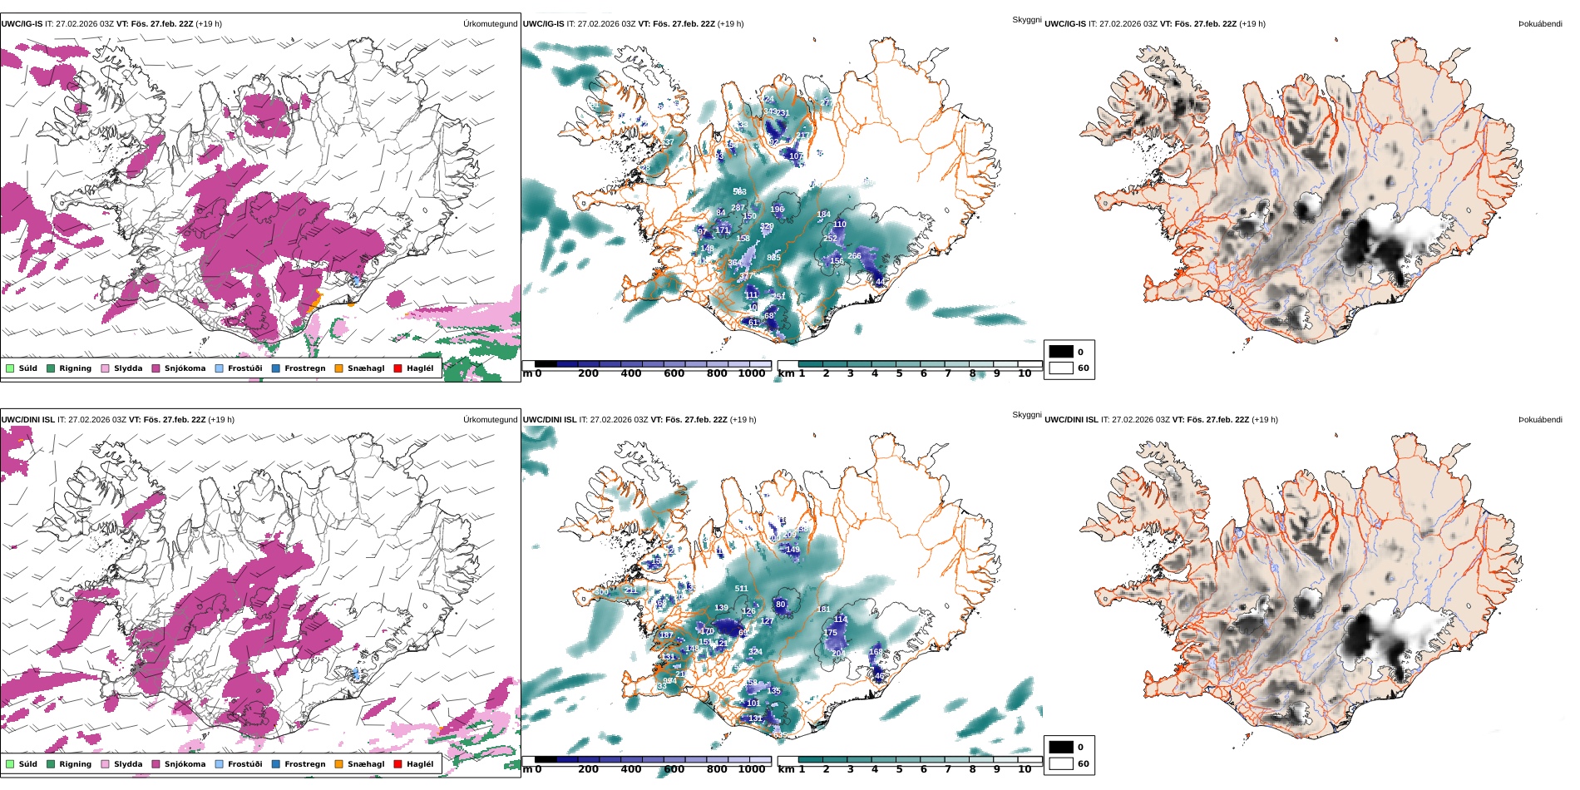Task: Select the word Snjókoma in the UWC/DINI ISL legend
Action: tap(185, 764)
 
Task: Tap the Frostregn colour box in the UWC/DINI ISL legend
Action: tap(276, 764)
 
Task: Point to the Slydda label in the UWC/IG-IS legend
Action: tap(128, 368)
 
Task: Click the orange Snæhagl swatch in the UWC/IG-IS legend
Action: tap(338, 368)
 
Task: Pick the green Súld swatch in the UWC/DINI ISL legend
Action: tap(10, 764)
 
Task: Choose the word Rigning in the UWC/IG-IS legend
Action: tap(75, 368)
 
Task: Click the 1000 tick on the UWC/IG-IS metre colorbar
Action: tap(751, 374)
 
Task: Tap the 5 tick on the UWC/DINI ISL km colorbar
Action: tap(899, 770)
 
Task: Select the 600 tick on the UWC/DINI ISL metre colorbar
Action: tap(674, 770)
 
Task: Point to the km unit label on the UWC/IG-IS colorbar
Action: tap(785, 374)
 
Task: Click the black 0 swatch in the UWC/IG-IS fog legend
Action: tap(1061, 352)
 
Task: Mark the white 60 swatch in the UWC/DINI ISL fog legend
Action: tap(1061, 763)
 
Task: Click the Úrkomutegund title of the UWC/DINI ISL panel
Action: tap(490, 420)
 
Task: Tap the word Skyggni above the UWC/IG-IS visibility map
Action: tap(1026, 19)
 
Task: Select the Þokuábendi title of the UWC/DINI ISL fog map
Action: tap(1540, 420)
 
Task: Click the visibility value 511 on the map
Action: tap(741, 589)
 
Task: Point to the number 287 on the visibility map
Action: tap(738, 208)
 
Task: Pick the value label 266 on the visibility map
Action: tap(854, 256)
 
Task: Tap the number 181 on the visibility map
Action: tap(823, 610)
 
